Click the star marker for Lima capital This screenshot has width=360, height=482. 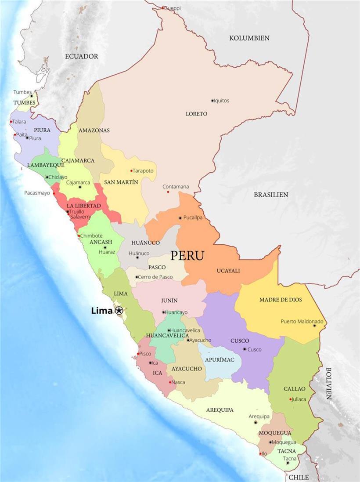tap(119, 311)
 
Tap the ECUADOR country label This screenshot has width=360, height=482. tap(82, 56)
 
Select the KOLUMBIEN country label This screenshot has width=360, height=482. tap(249, 38)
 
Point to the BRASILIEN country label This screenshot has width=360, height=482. tap(271, 194)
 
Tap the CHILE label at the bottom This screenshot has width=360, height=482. tap(299, 477)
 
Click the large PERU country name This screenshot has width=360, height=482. tap(187, 255)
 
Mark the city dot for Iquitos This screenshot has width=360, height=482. tap(212, 101)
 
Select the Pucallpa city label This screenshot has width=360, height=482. tap(193, 217)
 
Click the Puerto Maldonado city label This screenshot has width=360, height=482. tap(302, 321)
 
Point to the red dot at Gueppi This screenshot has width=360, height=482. tap(163, 8)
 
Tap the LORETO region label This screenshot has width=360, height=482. tap(196, 114)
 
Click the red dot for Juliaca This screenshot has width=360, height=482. tap(291, 399)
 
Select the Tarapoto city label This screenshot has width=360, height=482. tap(144, 170)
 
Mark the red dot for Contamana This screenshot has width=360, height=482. tap(168, 192)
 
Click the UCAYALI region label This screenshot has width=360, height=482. tap(228, 271)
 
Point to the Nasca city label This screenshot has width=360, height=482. tap(178, 382)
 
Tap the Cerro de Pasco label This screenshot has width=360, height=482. tap(156, 277)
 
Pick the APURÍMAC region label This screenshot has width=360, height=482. tap(220, 360)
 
